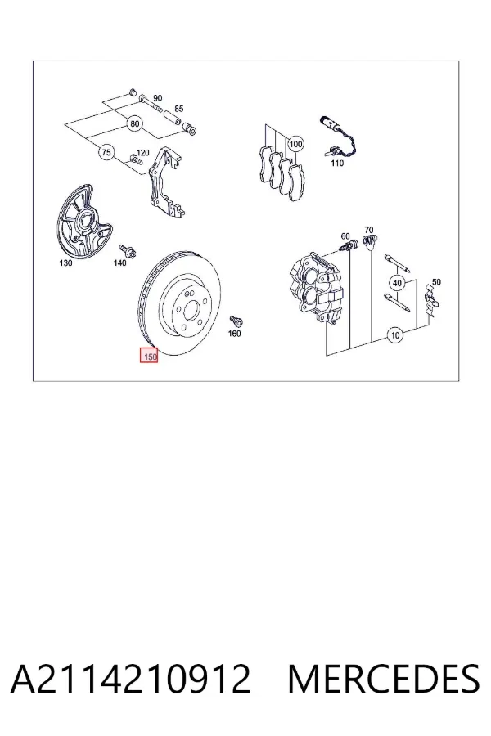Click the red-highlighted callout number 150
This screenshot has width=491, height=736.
tap(150, 356)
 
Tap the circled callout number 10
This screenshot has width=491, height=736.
tap(395, 335)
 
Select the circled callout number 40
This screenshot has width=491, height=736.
tap(397, 283)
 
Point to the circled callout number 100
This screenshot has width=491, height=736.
tap(295, 144)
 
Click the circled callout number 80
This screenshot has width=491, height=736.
tap(135, 124)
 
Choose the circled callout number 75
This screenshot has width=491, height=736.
tap(106, 153)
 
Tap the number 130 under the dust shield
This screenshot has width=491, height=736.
tap(65, 263)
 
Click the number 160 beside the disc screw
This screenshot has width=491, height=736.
tap(234, 334)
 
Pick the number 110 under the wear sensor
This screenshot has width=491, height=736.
tap(337, 163)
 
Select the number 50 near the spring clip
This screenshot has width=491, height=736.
tap(436, 282)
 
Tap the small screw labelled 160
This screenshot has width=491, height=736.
tap(235, 321)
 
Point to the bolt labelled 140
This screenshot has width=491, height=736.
tap(127, 250)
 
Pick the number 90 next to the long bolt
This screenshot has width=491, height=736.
tap(157, 98)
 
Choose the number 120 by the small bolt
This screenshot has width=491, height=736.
tap(142, 153)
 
